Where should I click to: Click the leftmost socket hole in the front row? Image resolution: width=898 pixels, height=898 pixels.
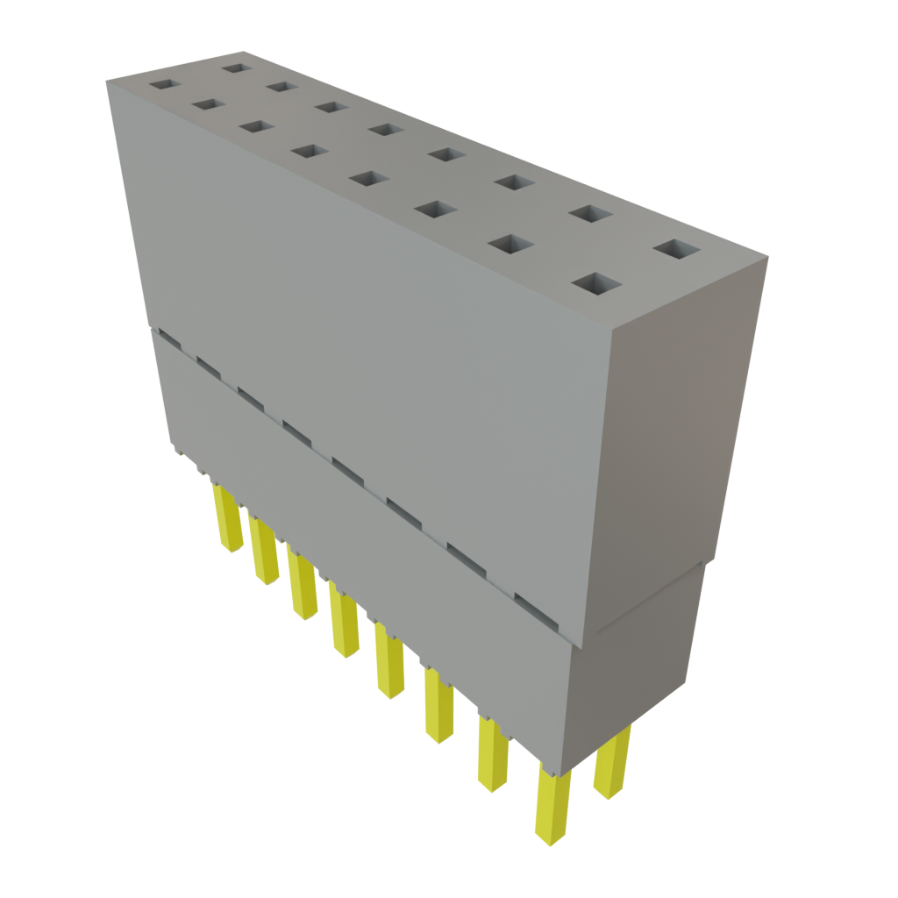coord(164,85)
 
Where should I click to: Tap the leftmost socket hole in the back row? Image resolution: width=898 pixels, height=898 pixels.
coord(234,67)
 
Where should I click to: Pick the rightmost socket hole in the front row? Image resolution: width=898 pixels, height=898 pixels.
coord(596,283)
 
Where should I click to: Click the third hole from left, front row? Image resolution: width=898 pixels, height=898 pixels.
coord(256,126)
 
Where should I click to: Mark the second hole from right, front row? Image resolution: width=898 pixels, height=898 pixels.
coord(506,243)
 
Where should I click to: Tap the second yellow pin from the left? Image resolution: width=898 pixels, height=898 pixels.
coord(263,550)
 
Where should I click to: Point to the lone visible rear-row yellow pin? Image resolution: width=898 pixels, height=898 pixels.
coord(611,763)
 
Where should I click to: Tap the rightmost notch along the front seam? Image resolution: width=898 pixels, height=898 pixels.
coord(536,610)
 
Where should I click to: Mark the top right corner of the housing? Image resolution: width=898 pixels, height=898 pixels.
coord(768,255)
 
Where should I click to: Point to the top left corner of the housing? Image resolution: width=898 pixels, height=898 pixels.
coord(106,81)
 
